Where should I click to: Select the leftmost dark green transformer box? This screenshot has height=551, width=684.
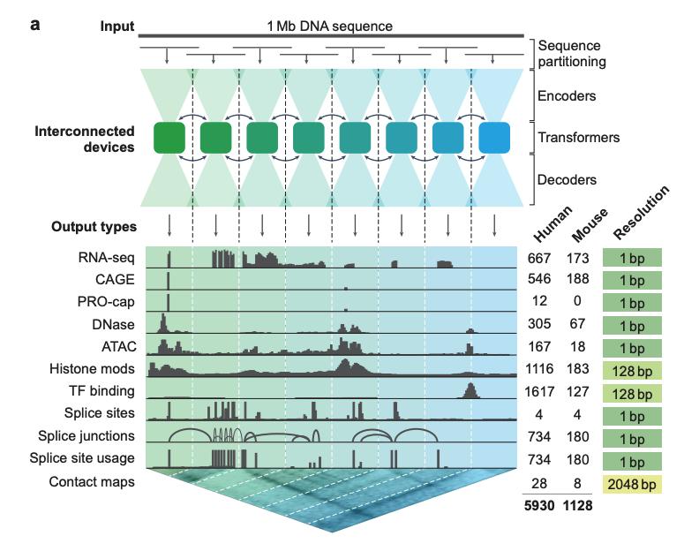point(169,140)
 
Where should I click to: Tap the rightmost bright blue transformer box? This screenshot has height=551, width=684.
point(494,140)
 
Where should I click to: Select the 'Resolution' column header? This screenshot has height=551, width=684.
point(640,217)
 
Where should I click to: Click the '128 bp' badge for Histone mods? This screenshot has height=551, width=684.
point(633,369)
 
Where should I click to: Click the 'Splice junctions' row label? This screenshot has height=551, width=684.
point(86,434)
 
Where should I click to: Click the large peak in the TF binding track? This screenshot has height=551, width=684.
point(470,389)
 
